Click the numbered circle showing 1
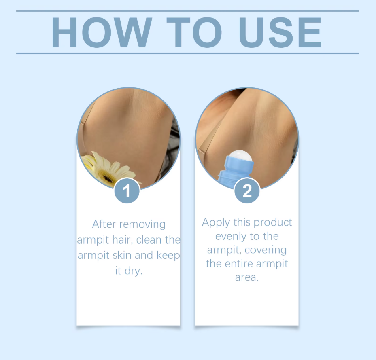pos(127,191)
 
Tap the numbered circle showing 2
pos(247,191)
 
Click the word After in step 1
pos(105,224)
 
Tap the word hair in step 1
pos(121,240)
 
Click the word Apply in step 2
pos(216,222)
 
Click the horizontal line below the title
pos(187,53)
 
